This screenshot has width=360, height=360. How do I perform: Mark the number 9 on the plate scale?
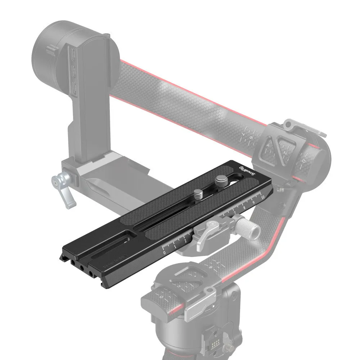coord(254,202)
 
